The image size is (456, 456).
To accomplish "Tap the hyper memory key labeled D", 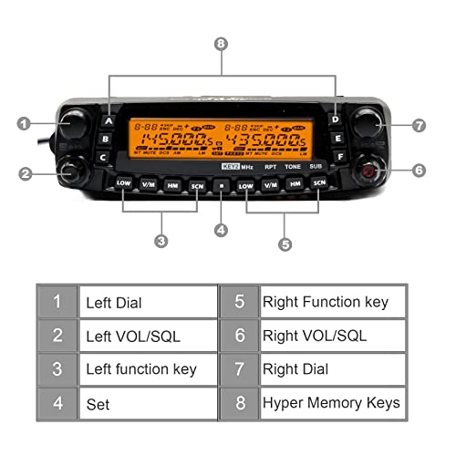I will tap(336, 119).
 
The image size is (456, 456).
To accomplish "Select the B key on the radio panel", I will tap(105, 140).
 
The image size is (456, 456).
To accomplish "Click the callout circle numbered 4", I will tap(220, 231).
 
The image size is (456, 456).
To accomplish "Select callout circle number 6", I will tap(419, 170).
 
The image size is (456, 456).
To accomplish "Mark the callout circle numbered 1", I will tap(25, 122).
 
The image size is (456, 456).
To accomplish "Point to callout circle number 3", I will tap(161, 242).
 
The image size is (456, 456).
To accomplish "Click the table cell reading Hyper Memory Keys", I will tap(330, 401).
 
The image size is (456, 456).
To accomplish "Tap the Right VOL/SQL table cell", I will tap(330, 336).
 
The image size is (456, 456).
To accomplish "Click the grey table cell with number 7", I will tap(240, 369).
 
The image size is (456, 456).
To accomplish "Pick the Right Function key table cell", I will tap(330, 302).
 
